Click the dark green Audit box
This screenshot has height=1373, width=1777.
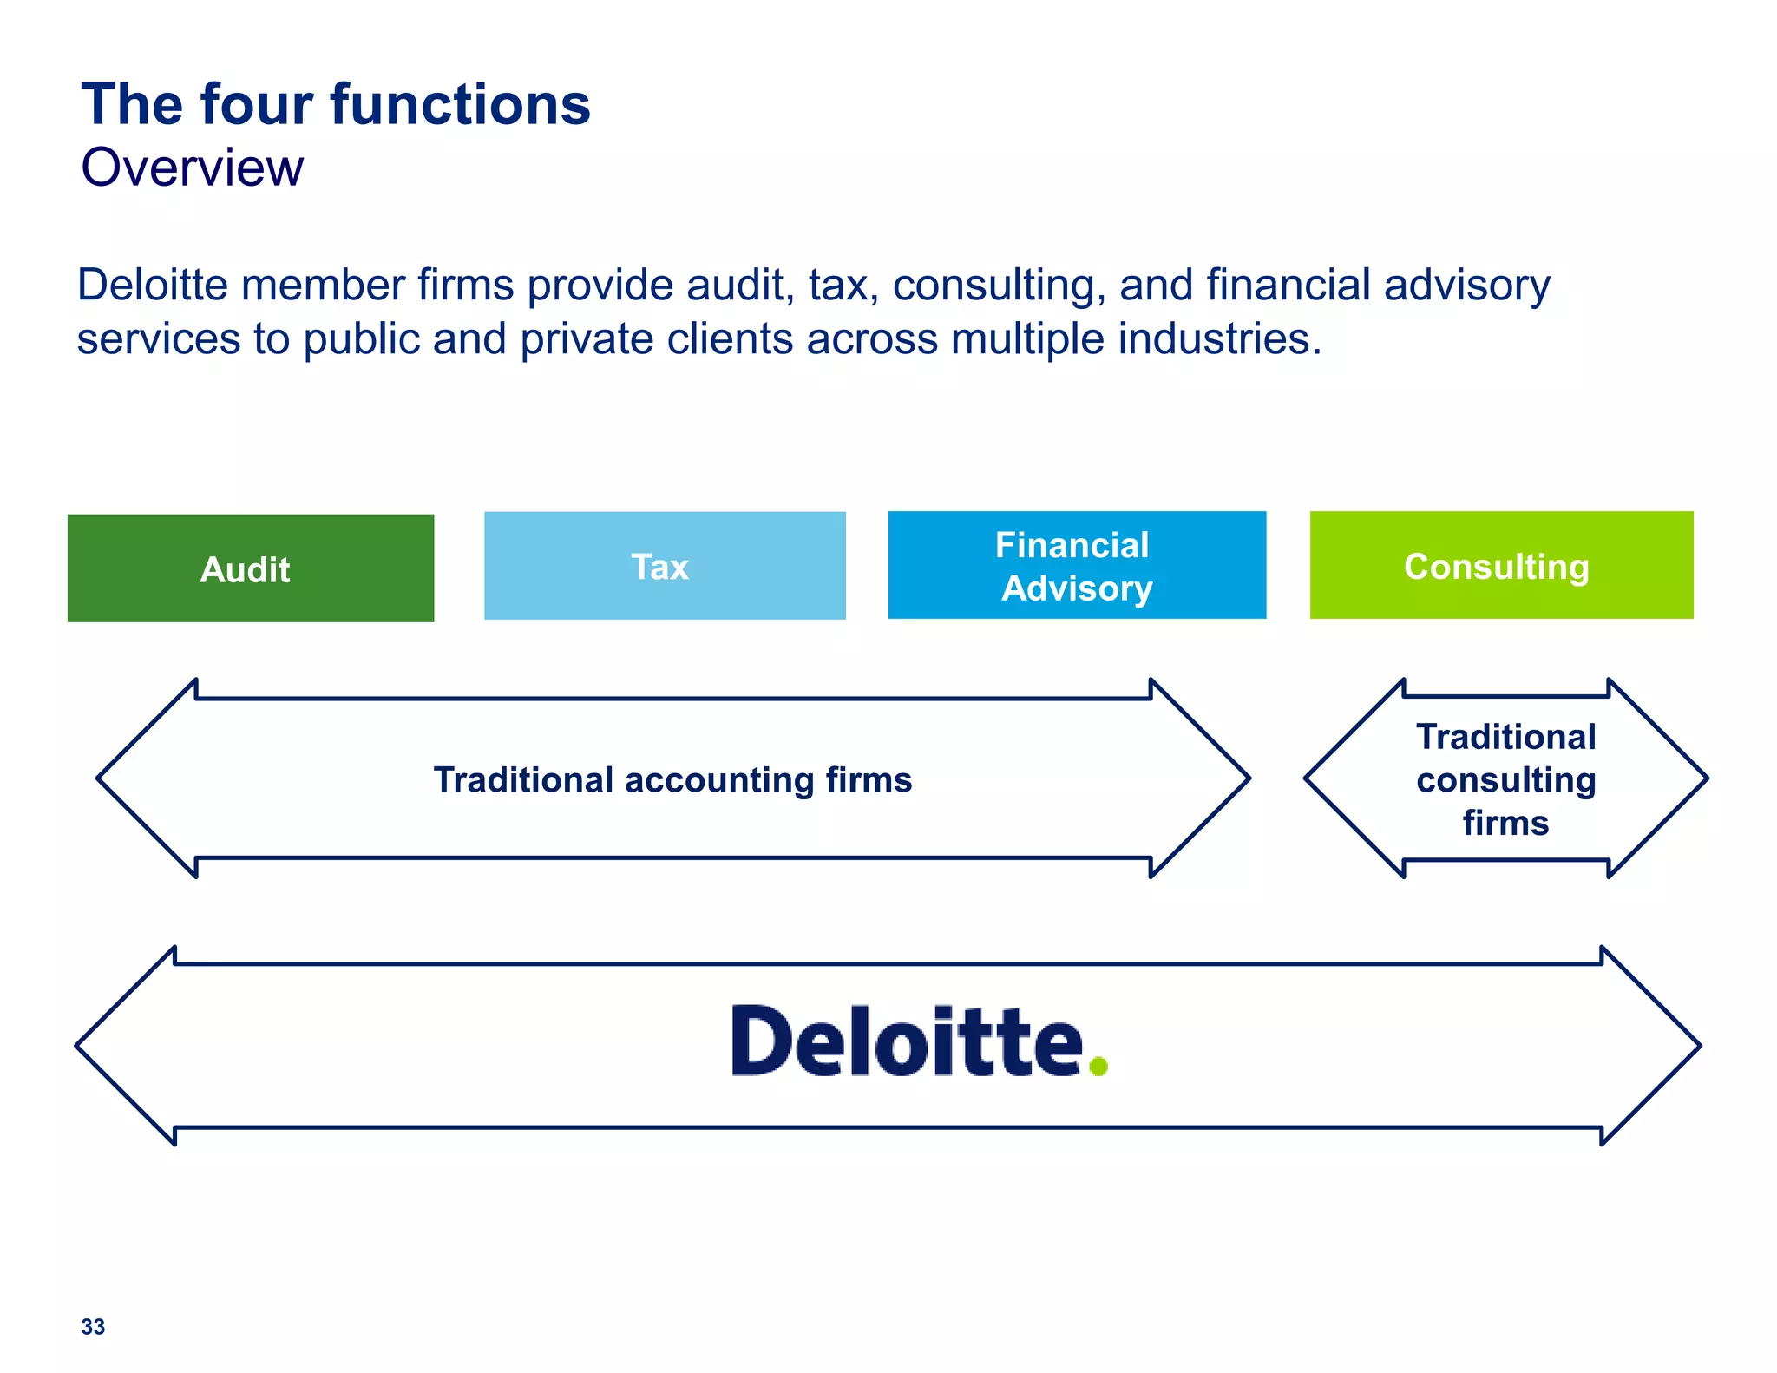[x=250, y=568]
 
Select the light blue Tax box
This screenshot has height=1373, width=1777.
[x=665, y=566]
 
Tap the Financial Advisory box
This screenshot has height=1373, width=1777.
[x=1077, y=566]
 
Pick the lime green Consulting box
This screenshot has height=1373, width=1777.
[x=1501, y=566]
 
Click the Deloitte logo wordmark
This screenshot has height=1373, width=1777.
[x=908, y=1041]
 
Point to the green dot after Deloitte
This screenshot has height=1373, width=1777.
[x=1098, y=1065]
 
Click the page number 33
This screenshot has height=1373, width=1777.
[x=93, y=1326]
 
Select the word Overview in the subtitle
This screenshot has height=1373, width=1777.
[x=193, y=168]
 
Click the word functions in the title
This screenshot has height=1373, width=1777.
[x=461, y=105]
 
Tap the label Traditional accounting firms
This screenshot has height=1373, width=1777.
[x=672, y=779]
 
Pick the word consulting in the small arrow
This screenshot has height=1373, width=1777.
[x=1506, y=779]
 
